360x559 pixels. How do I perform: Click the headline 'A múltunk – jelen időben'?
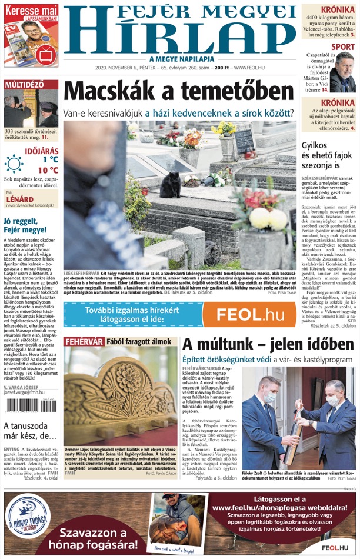(x=264, y=344)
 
